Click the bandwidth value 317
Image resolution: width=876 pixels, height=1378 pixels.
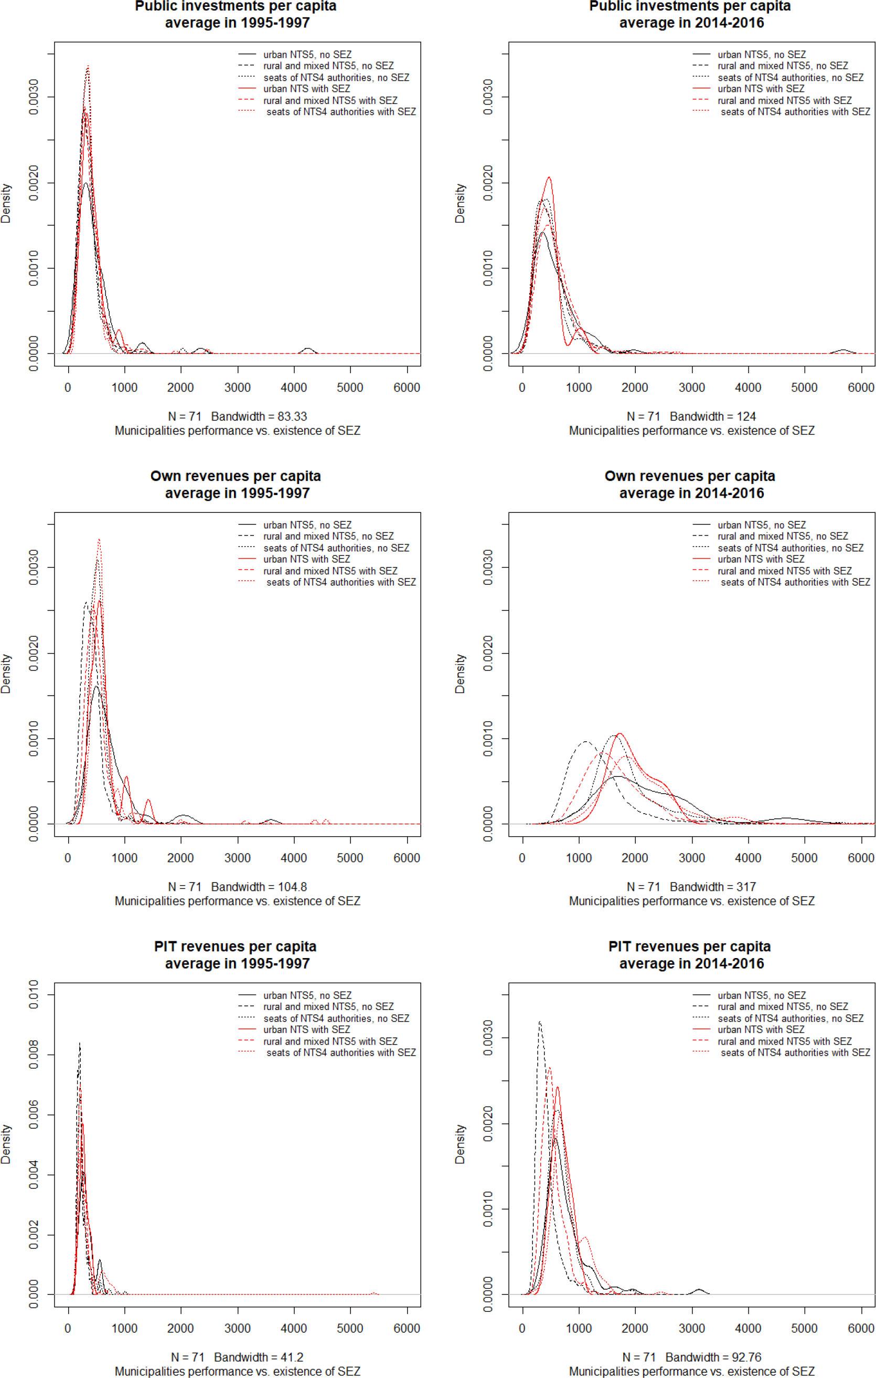tap(745, 887)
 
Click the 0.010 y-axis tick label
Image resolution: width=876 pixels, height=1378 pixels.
tap(33, 995)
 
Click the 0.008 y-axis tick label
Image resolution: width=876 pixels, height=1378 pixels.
tap(33, 1055)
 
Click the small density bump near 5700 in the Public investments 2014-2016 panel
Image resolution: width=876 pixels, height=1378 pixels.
tap(843, 350)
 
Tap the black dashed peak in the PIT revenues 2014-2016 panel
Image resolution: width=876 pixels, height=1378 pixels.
tap(539, 1022)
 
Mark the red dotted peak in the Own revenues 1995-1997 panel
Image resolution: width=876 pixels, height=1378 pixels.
tap(99, 539)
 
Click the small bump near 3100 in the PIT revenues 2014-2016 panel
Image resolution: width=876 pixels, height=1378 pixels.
tap(699, 1289)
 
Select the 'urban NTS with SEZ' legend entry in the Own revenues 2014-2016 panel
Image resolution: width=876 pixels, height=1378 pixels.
tap(761, 559)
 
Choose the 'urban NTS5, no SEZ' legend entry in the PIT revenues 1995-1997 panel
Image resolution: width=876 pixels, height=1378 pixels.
tap(307, 995)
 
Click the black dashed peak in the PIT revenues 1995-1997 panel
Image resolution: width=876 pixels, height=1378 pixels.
tap(80, 1044)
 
